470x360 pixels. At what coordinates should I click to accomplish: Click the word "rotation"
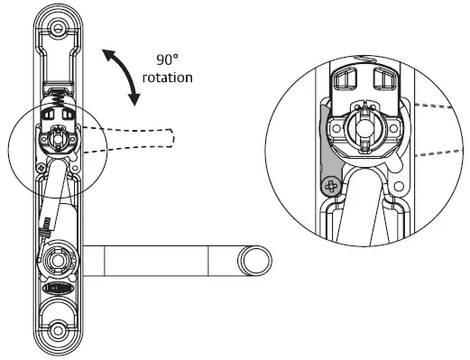[168, 78]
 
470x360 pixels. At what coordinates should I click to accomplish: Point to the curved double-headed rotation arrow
[124, 75]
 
